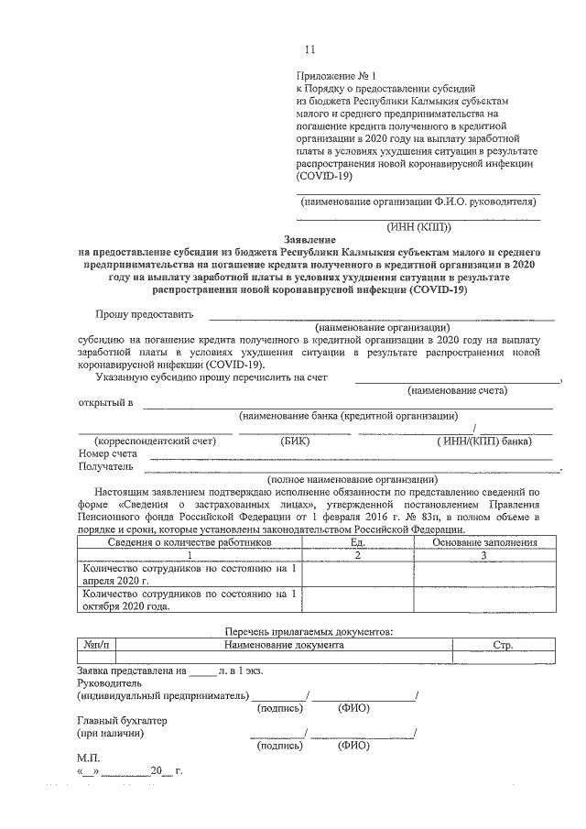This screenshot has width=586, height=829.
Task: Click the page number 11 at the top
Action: point(309,49)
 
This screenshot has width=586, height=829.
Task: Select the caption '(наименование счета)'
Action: point(458,390)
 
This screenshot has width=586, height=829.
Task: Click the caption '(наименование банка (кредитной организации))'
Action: point(348,416)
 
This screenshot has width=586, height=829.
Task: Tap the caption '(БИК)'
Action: point(297,441)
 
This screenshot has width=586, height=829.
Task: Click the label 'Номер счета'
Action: point(108,453)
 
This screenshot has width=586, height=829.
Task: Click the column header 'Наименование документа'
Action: point(285,646)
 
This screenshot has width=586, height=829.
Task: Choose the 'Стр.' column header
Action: point(503,646)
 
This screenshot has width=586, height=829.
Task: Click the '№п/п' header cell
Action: point(95,646)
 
